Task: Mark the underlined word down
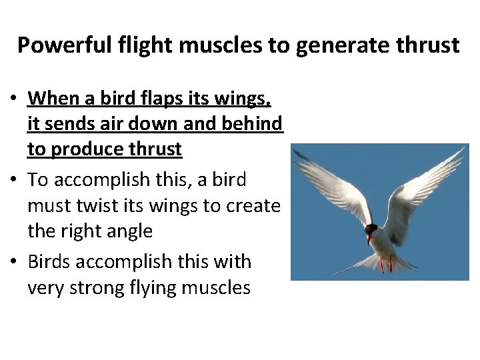[x=161, y=124]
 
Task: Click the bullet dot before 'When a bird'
[x=13, y=100]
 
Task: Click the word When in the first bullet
[x=53, y=99]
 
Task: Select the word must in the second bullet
[x=48, y=206]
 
